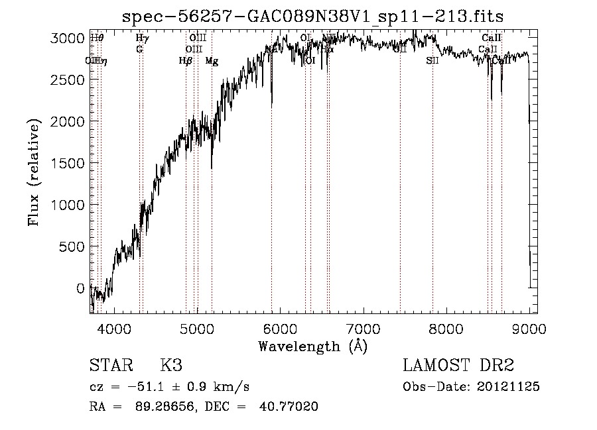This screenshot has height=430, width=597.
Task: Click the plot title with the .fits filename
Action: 313,17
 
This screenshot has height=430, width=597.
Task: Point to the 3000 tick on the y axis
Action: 68,38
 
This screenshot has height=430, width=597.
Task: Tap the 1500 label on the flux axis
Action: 68,164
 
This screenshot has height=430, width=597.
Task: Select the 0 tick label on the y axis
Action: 80,289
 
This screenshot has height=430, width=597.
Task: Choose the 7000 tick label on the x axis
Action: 363,328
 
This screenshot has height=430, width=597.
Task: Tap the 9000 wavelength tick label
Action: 529,328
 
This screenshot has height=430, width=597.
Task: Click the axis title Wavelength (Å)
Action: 312,346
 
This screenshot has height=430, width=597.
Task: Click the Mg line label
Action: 212,61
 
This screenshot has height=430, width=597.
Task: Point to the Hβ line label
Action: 185,61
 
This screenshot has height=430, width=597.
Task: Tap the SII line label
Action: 432,61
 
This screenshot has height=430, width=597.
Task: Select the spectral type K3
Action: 171,366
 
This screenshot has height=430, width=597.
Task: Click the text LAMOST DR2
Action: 458,366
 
